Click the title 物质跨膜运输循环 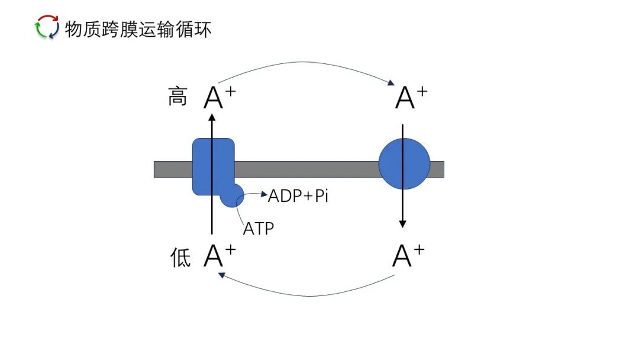click(x=138, y=28)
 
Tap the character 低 click(x=179, y=258)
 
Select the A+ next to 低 click(x=220, y=257)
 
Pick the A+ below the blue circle click(x=409, y=256)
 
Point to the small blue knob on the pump click(x=232, y=195)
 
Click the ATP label click(x=259, y=228)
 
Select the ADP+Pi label click(x=298, y=196)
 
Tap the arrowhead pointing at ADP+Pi click(x=264, y=194)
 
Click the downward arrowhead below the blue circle click(x=402, y=223)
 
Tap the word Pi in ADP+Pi click(x=320, y=196)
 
